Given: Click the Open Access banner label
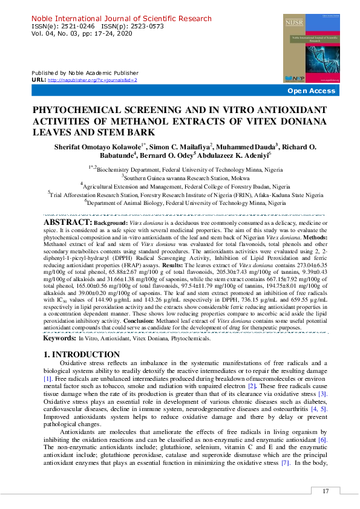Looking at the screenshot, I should click(x=311, y=91).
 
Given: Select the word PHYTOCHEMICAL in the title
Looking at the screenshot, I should click(x=75, y=112).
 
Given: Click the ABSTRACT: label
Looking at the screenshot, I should click(x=67, y=223).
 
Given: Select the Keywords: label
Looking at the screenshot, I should click(x=59, y=339).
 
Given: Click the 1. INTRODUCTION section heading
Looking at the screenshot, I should click(x=82, y=354).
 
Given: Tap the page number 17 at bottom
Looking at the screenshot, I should click(x=326, y=491).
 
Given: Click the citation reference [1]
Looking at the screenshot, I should click(x=47, y=378).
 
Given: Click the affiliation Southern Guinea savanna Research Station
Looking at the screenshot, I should click(x=182, y=177).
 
